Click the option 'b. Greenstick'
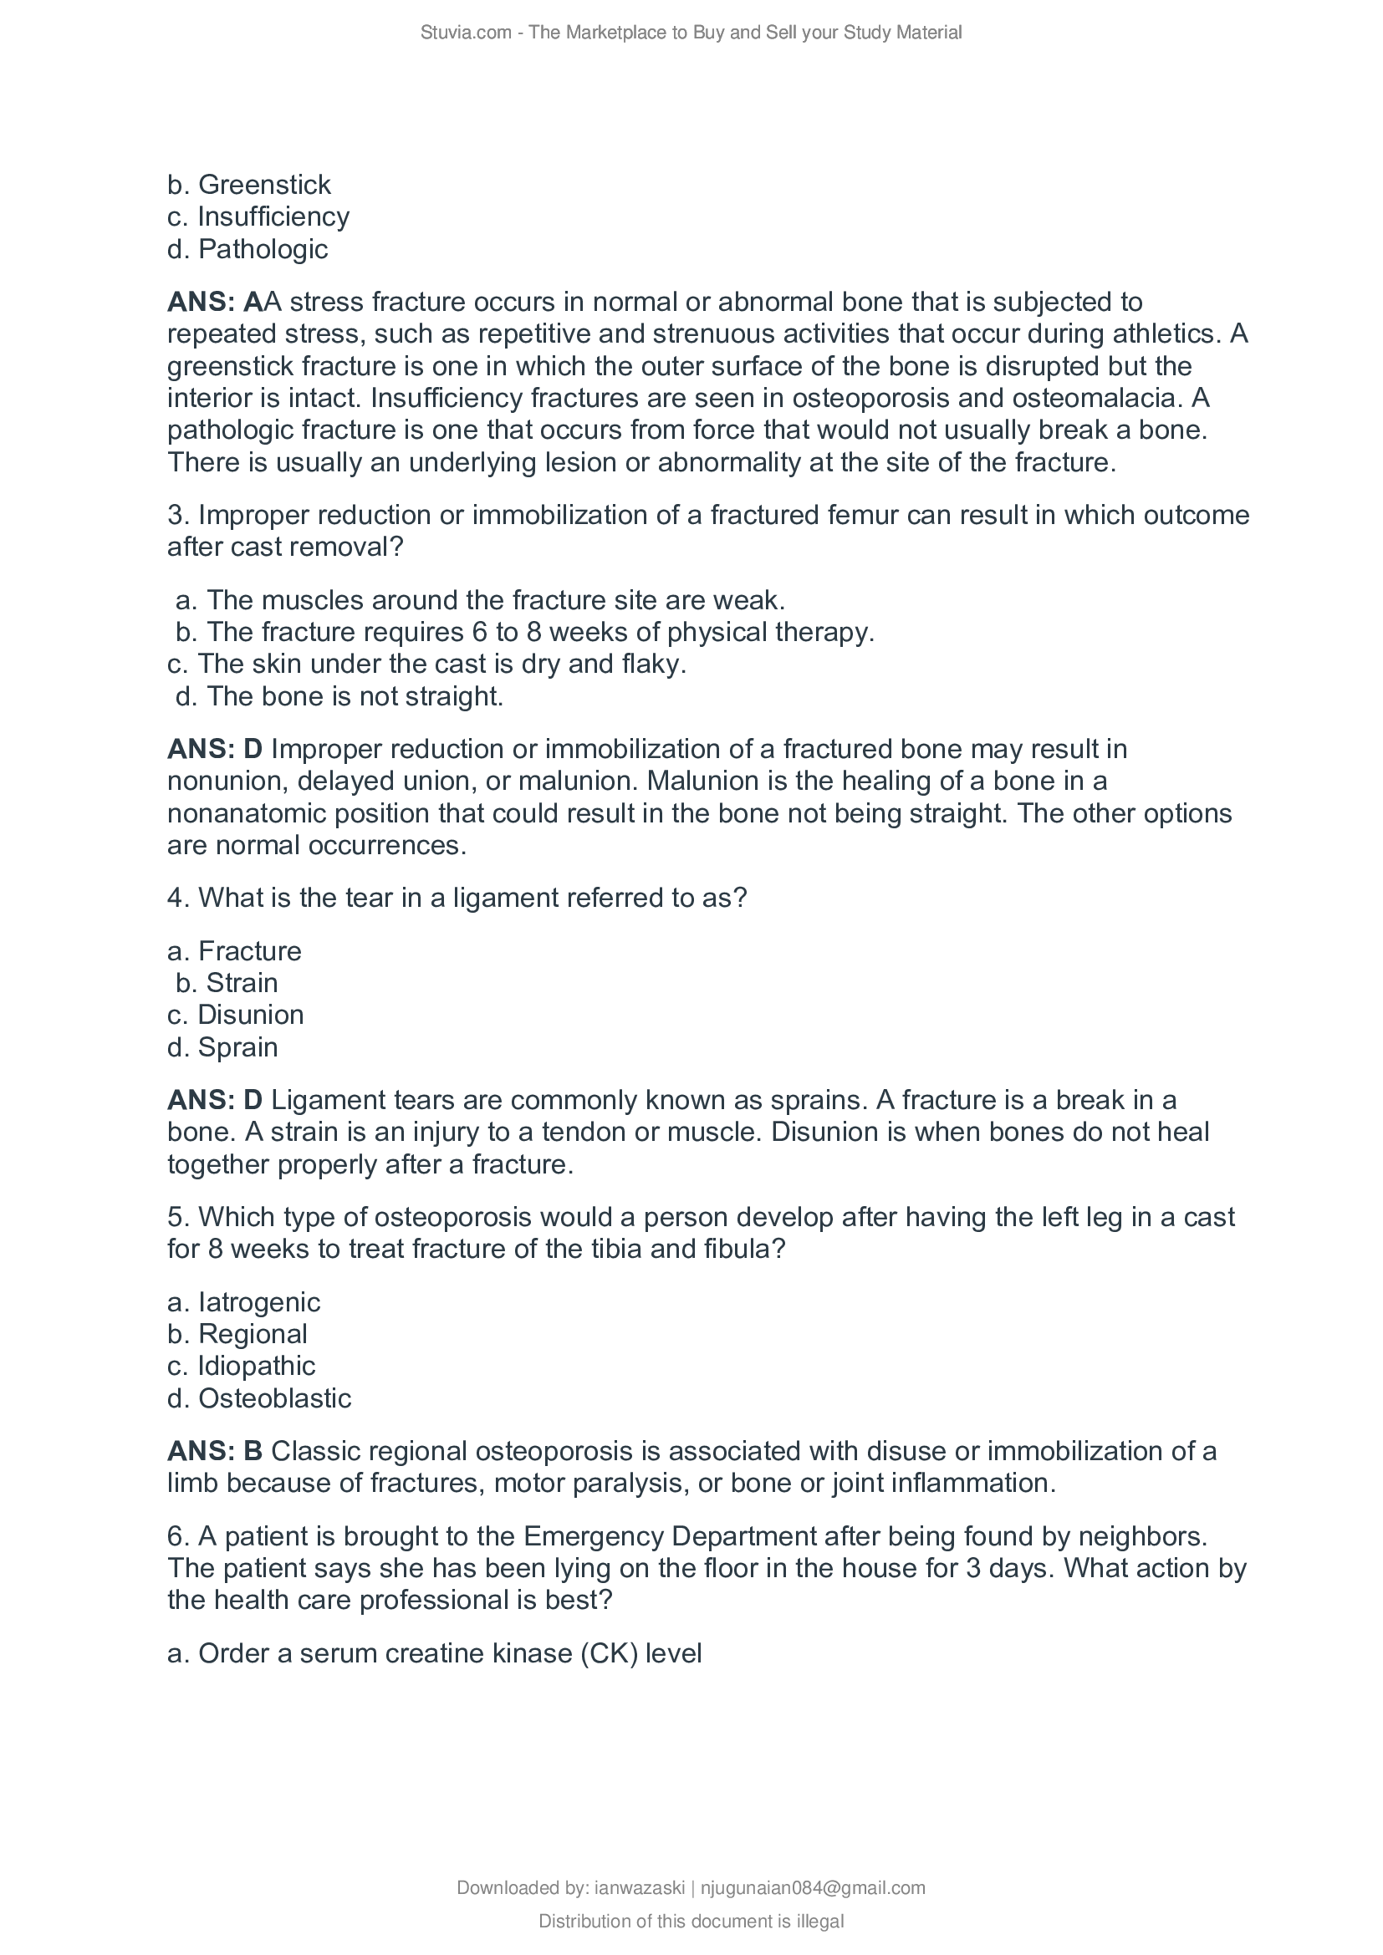[x=248, y=185]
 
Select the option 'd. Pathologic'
[x=247, y=249]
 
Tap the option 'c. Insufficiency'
[x=258, y=217]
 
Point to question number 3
[x=178, y=515]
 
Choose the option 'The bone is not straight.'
[x=339, y=696]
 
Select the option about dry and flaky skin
[x=426, y=664]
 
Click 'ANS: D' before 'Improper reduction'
[x=215, y=749]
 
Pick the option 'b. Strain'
[x=226, y=983]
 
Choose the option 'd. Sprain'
[x=222, y=1047]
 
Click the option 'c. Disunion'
[x=235, y=1015]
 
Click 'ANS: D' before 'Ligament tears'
[x=215, y=1100]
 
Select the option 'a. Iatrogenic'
[x=243, y=1302]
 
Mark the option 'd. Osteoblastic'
[x=259, y=1398]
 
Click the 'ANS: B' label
[x=215, y=1451]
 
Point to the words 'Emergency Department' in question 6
[x=671, y=1536]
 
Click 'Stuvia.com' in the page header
[x=465, y=33]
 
